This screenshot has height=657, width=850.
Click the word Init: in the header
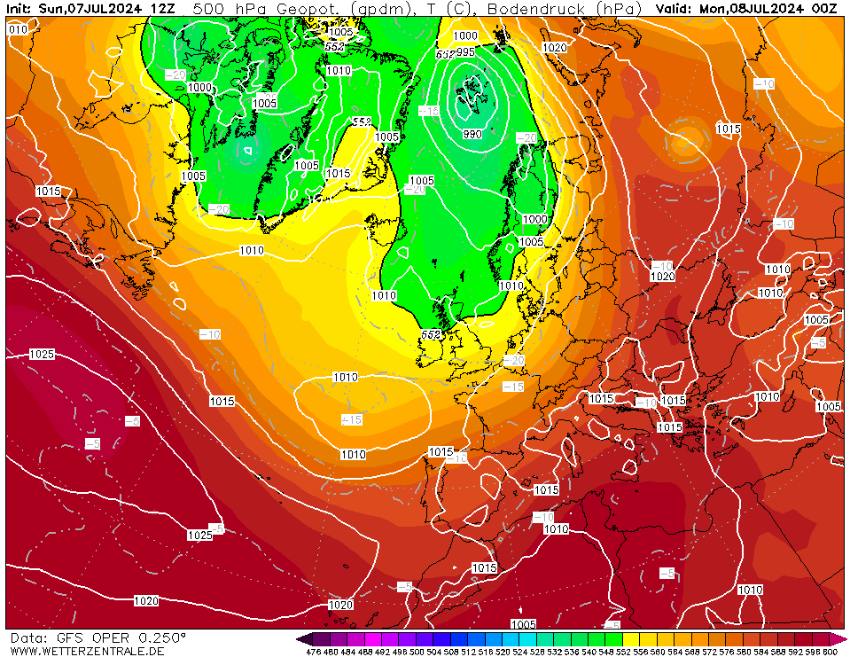coord(20,8)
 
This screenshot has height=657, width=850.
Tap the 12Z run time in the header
coord(162,8)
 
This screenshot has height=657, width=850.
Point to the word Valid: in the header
coord(674,8)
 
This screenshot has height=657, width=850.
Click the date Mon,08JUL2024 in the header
coord(751,8)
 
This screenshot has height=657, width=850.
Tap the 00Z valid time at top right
coord(824,8)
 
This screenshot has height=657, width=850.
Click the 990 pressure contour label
coord(472,134)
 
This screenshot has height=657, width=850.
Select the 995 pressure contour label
coord(465,52)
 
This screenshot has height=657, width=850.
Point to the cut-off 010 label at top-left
coord(18,29)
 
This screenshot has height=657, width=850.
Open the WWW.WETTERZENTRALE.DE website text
coord(87,652)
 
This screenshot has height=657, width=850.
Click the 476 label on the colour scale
coord(313,652)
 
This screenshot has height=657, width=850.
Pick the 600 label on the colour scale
coord(831,652)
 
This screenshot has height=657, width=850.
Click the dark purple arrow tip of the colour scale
coord(303,638)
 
